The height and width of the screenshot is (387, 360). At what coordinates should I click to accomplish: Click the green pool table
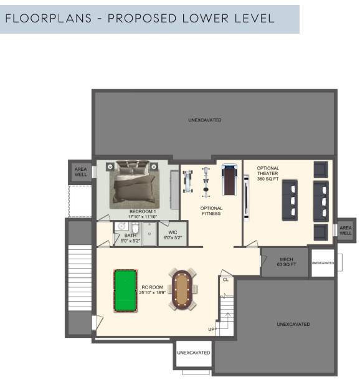tap(125, 291)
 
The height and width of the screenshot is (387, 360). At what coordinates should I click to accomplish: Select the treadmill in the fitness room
tap(229, 179)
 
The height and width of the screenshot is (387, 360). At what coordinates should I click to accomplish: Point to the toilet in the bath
tap(135, 227)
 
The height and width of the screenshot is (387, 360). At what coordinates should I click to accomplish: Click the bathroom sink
tap(121, 226)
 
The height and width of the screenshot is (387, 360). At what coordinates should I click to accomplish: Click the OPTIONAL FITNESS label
tap(211, 211)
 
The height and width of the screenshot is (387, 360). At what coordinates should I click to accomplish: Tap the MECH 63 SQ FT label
tap(287, 262)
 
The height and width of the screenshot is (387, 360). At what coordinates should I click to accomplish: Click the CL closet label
tap(225, 280)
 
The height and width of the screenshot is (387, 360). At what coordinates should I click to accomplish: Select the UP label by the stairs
tap(212, 329)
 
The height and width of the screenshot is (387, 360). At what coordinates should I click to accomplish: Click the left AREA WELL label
tap(81, 172)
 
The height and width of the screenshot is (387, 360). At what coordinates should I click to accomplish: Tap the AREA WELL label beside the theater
tap(346, 231)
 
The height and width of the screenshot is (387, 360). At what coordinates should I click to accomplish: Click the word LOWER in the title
tap(206, 19)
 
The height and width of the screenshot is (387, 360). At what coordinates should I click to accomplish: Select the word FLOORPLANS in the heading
tap(49, 19)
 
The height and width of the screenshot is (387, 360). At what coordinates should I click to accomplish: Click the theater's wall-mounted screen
tap(246, 197)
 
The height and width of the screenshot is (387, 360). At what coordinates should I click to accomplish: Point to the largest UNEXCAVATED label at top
tap(205, 120)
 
